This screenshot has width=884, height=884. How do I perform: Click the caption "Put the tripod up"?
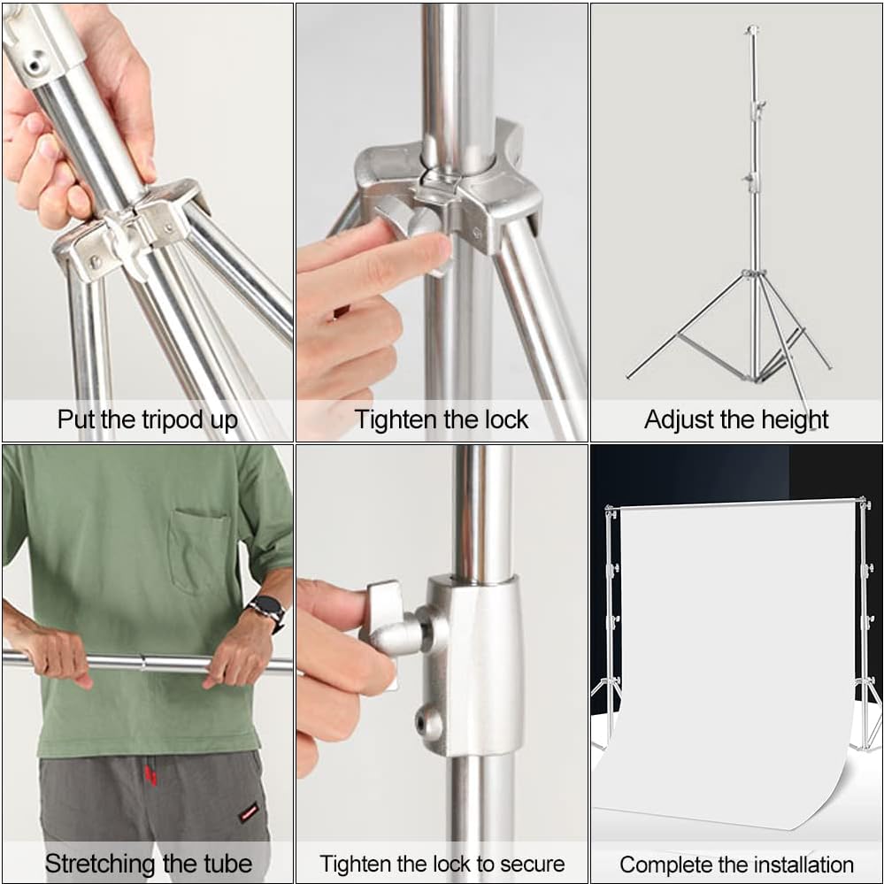[x=147, y=419]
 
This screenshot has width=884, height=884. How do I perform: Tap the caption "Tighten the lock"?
[x=442, y=419]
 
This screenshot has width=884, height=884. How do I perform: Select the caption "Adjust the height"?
[x=736, y=419]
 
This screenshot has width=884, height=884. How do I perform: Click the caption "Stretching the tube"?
[x=148, y=863]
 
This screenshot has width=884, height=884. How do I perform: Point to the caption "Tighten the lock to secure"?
[x=442, y=864]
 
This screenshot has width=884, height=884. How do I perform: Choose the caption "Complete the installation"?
[x=736, y=864]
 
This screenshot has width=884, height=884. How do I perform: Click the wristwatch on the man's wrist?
[x=266, y=609]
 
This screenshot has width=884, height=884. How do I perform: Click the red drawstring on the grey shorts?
[x=150, y=775]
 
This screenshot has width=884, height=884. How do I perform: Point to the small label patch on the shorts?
[x=249, y=811]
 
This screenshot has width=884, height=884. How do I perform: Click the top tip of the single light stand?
[x=751, y=29]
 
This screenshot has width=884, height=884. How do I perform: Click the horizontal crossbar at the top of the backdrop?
[x=734, y=503]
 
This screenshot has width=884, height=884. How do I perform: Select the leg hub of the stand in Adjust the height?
[x=753, y=274]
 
